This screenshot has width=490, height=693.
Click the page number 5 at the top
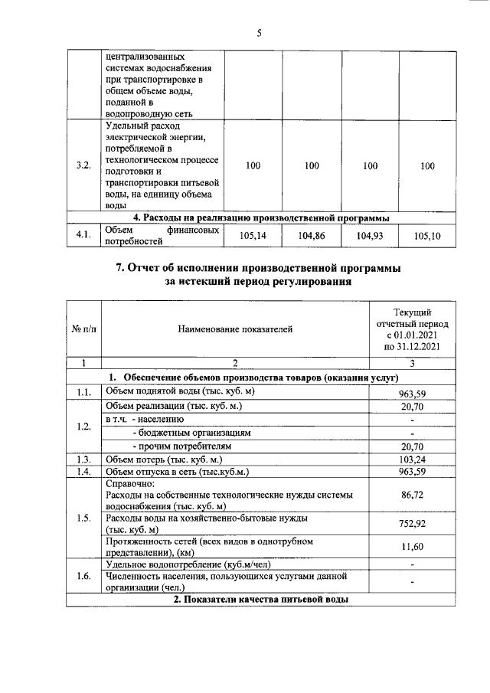click(259, 33)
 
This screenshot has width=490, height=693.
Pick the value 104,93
click(369, 237)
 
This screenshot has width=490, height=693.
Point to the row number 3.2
click(84, 165)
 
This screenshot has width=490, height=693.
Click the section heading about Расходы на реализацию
click(261, 217)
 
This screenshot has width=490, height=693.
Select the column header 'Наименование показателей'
click(235, 330)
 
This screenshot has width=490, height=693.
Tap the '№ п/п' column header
click(84, 330)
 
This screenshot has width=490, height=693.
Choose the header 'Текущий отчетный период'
click(412, 329)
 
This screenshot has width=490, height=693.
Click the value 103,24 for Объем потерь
click(413, 459)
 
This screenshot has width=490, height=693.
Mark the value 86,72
click(413, 495)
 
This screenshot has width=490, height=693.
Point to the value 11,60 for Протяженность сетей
click(413, 547)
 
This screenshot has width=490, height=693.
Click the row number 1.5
click(84, 518)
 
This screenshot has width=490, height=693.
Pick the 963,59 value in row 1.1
click(413, 392)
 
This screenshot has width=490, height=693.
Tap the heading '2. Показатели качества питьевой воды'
click(261, 600)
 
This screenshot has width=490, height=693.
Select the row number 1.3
click(84, 459)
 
